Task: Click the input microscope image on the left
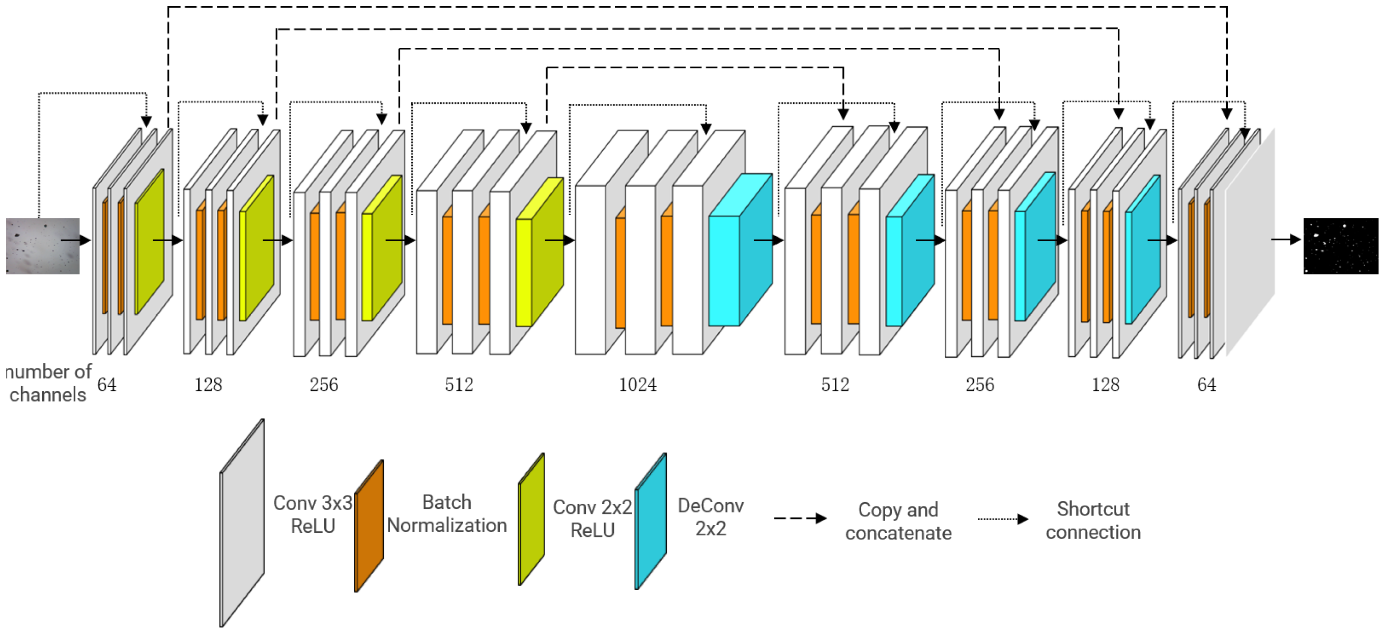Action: click(42, 246)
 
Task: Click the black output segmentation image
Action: click(1340, 246)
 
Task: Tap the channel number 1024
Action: click(637, 385)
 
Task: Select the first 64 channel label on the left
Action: click(107, 385)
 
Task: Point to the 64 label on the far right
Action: click(1206, 385)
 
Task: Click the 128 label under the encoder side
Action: click(208, 385)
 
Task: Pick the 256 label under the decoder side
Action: click(980, 385)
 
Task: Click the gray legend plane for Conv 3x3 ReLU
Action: click(242, 523)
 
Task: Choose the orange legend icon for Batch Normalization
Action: click(369, 526)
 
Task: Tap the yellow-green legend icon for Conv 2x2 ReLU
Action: click(531, 519)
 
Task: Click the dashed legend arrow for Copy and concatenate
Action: click(799, 518)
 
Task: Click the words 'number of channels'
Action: click(48, 383)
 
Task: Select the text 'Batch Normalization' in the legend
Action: click(446, 513)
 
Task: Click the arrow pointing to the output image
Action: click(1285, 239)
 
